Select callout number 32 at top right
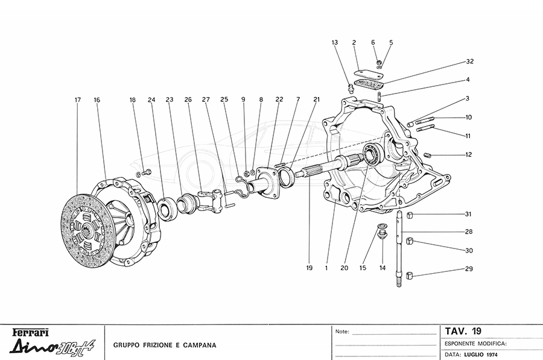pyautogui.click(x=469, y=62)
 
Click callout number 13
pyautogui.click(x=335, y=42)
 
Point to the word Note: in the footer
pyautogui.click(x=341, y=332)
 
